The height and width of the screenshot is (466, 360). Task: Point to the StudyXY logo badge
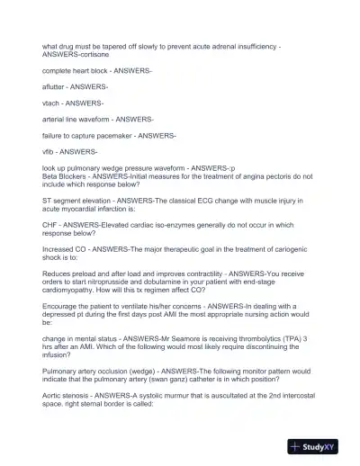[x=320, y=446]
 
